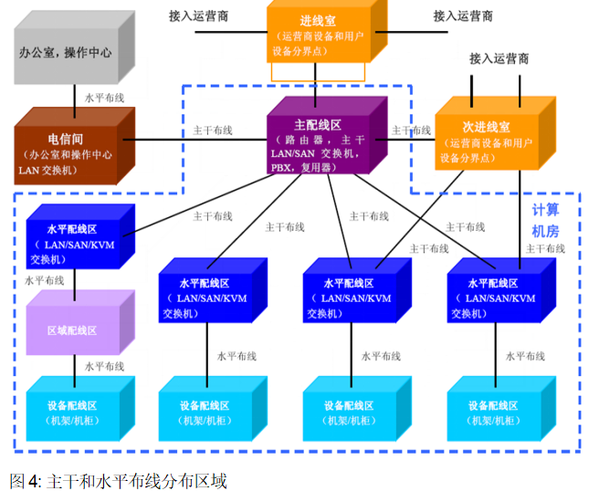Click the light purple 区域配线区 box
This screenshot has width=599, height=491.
pyautogui.click(x=73, y=329)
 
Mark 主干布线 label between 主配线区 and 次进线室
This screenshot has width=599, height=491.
pyautogui.click(x=411, y=130)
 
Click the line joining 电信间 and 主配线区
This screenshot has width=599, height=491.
pyautogui.click(x=201, y=141)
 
